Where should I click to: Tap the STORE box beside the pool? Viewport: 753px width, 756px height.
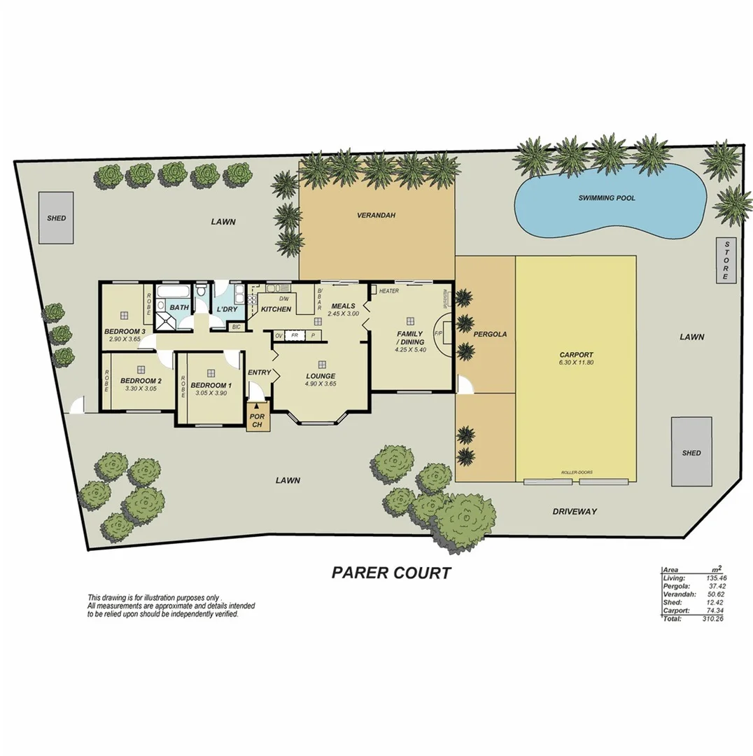tap(726, 260)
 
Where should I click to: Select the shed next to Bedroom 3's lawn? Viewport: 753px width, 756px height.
tap(56, 218)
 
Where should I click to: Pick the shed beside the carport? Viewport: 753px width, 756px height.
tap(691, 452)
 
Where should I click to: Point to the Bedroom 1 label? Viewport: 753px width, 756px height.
tap(211, 386)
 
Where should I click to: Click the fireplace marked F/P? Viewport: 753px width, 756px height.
tap(439, 333)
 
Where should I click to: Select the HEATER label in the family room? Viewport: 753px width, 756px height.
tap(388, 291)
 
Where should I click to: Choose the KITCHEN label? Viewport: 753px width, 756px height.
tap(276, 309)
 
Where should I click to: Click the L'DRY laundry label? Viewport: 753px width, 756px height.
tap(227, 309)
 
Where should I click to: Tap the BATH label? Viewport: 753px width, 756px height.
tap(179, 307)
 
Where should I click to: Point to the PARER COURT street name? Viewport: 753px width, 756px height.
tap(391, 573)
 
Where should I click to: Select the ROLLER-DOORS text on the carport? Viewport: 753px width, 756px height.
tap(577, 472)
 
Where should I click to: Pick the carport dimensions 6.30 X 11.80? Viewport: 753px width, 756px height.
tap(576, 363)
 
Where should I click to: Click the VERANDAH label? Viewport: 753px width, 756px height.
tap(376, 216)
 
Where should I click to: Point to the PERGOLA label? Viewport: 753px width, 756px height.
tap(490, 335)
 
